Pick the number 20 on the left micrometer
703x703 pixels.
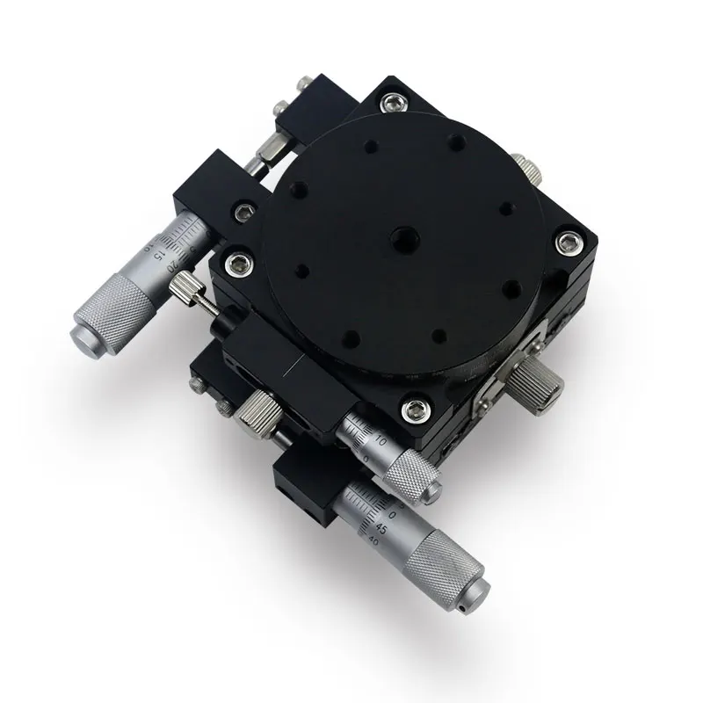tap(182, 261)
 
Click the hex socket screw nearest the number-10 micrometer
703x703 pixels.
tap(412, 408)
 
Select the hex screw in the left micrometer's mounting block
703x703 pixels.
tap(238, 212)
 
